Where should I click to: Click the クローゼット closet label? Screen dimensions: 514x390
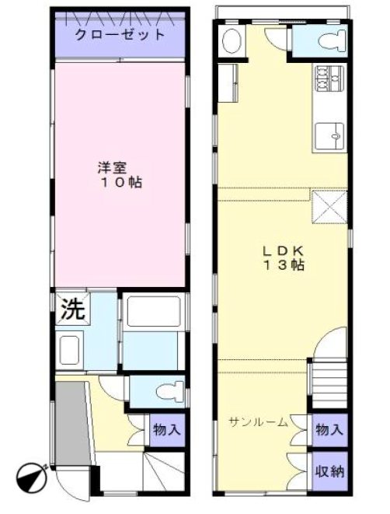(x=120, y=35)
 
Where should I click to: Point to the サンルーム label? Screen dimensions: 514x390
(x=259, y=422)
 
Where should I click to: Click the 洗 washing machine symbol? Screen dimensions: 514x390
(x=72, y=309)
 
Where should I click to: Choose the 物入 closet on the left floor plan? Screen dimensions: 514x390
(x=167, y=428)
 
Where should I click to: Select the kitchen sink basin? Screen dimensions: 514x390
(x=332, y=137)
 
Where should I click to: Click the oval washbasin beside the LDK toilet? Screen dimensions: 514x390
(x=232, y=41)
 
